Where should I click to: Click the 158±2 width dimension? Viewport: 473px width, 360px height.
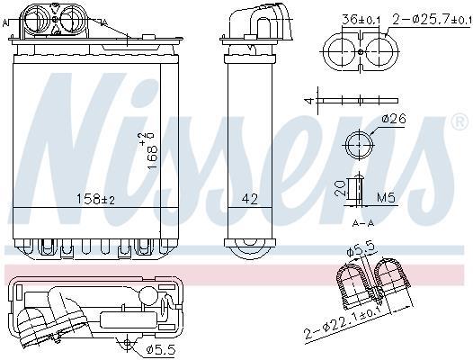tap(95, 199)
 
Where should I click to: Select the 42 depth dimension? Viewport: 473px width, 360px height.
tap(250, 199)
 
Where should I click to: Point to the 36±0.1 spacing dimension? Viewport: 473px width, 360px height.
tap(361, 20)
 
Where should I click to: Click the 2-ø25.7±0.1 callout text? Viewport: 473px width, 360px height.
tap(432, 20)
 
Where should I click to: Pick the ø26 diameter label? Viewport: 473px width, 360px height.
tap(394, 119)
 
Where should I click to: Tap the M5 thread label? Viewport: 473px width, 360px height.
tap(386, 198)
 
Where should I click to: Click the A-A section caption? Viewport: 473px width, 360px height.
tap(363, 223)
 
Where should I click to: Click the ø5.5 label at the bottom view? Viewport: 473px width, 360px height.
tap(160, 350)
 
